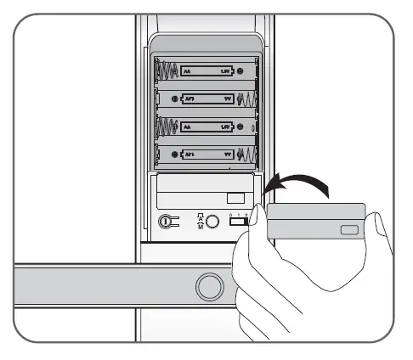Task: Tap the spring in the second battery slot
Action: [x=246, y=100]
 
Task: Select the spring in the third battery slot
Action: [x=166, y=127]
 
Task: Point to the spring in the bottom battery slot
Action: [x=246, y=155]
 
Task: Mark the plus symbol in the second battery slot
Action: [x=174, y=100]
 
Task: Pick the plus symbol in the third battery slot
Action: [x=240, y=127]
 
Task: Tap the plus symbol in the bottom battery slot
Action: [x=174, y=155]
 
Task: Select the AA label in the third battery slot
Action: [x=188, y=127]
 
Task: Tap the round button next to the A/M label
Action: [x=213, y=222]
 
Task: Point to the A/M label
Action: [x=199, y=222]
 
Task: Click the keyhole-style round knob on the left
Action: [x=169, y=222]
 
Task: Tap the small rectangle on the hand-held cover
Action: [x=348, y=230]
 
